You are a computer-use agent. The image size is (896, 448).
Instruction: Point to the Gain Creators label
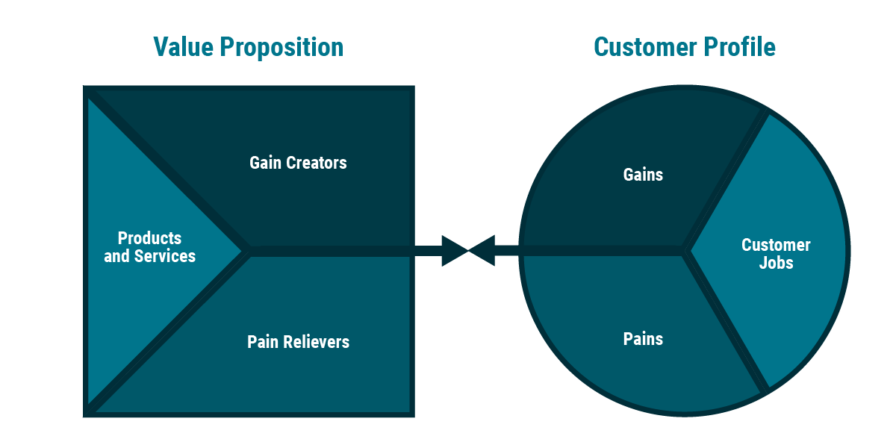[298, 163]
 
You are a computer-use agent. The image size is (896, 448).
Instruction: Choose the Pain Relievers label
[298, 342]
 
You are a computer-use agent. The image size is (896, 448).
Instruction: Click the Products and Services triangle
[149, 247]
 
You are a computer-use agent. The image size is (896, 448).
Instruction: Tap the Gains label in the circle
[643, 175]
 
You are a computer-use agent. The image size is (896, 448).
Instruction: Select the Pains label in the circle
[643, 339]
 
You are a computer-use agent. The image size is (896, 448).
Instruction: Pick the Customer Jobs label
[776, 254]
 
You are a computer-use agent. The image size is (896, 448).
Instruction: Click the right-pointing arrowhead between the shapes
[453, 251]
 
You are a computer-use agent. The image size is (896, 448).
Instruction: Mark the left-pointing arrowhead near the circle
[483, 251]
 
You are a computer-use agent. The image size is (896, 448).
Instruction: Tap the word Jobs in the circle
[776, 263]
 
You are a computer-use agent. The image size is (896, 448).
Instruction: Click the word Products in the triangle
[149, 238]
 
